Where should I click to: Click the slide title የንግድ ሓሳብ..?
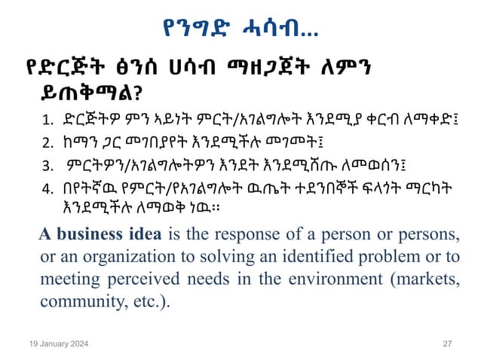point(240,29)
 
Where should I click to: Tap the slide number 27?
point(447,343)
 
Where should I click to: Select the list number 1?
point(47,119)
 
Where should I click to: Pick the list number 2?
point(47,141)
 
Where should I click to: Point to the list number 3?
point(47,163)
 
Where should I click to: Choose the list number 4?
point(47,185)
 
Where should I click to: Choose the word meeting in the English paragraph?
point(66,279)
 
